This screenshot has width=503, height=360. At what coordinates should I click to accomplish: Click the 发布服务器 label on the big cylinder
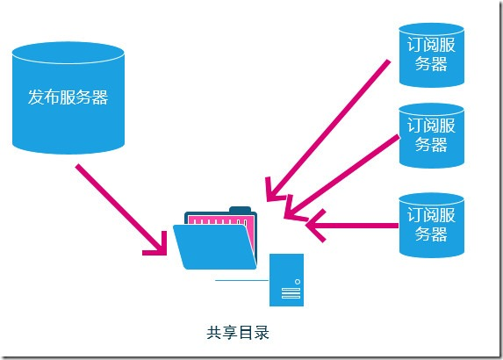pos(68,97)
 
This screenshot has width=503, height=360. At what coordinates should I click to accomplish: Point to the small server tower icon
pos(286,279)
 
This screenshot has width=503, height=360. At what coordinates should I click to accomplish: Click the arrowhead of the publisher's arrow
pos(157,245)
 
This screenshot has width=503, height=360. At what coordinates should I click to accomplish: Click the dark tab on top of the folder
pos(240,210)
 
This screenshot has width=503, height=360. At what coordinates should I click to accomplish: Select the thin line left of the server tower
pos(241,280)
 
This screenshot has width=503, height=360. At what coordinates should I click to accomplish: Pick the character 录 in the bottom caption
pos(261,333)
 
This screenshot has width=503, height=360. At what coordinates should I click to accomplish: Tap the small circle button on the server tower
pos(297,282)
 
